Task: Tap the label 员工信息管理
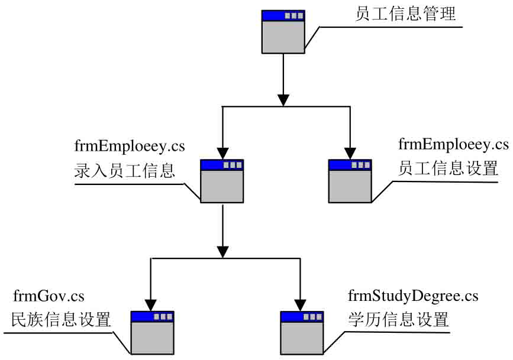pyautogui.click(x=405, y=14)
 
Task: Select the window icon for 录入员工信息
pyautogui.click(x=222, y=181)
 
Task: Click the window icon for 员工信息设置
pyautogui.click(x=350, y=181)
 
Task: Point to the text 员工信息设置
pyautogui.click(x=448, y=168)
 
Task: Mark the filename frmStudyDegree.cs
pyautogui.click(x=413, y=295)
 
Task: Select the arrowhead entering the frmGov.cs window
pyautogui.click(x=152, y=304)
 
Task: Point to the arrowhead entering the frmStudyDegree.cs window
pyautogui.click(x=301, y=304)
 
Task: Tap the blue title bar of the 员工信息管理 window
pyautogui.click(x=284, y=15)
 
